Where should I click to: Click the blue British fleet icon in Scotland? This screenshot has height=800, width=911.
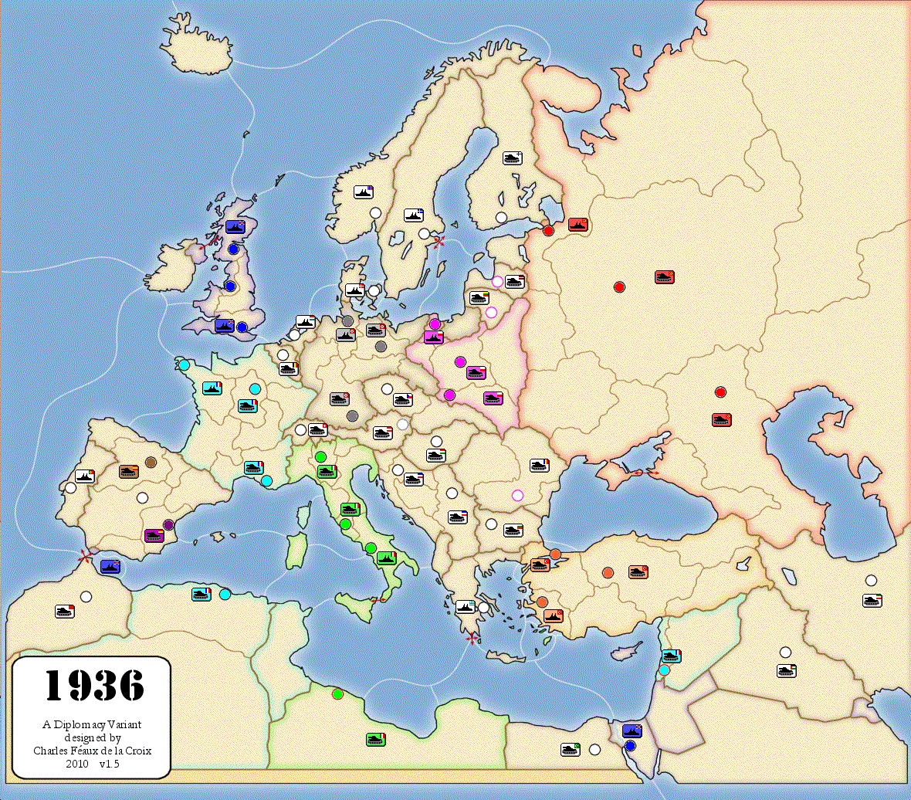pyautogui.click(x=235, y=227)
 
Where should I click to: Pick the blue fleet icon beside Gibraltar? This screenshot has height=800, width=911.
pyautogui.click(x=110, y=567)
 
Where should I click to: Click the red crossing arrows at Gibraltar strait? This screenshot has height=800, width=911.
pyautogui.click(x=85, y=554)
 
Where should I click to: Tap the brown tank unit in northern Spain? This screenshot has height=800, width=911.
pyautogui.click(x=129, y=470)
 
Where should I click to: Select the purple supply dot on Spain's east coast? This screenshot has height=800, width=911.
pyautogui.click(x=169, y=525)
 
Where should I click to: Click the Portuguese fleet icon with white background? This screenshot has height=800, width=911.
pyautogui.click(x=85, y=476)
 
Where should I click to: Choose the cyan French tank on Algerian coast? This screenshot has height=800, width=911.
pyautogui.click(x=202, y=594)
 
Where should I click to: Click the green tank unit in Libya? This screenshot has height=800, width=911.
pyautogui.click(x=376, y=740)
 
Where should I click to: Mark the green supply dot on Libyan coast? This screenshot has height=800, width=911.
pyautogui.click(x=337, y=693)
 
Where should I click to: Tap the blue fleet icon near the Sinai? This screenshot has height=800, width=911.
pyautogui.click(x=632, y=731)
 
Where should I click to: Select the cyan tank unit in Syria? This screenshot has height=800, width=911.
pyautogui.click(x=672, y=656)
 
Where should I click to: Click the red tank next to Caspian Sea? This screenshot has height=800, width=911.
pyautogui.click(x=722, y=420)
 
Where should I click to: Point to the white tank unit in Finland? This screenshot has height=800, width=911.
pyautogui.click(x=513, y=158)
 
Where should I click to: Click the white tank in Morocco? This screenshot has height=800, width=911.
pyautogui.click(x=66, y=611)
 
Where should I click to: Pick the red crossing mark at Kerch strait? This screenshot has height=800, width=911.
pyautogui.click(x=641, y=472)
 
